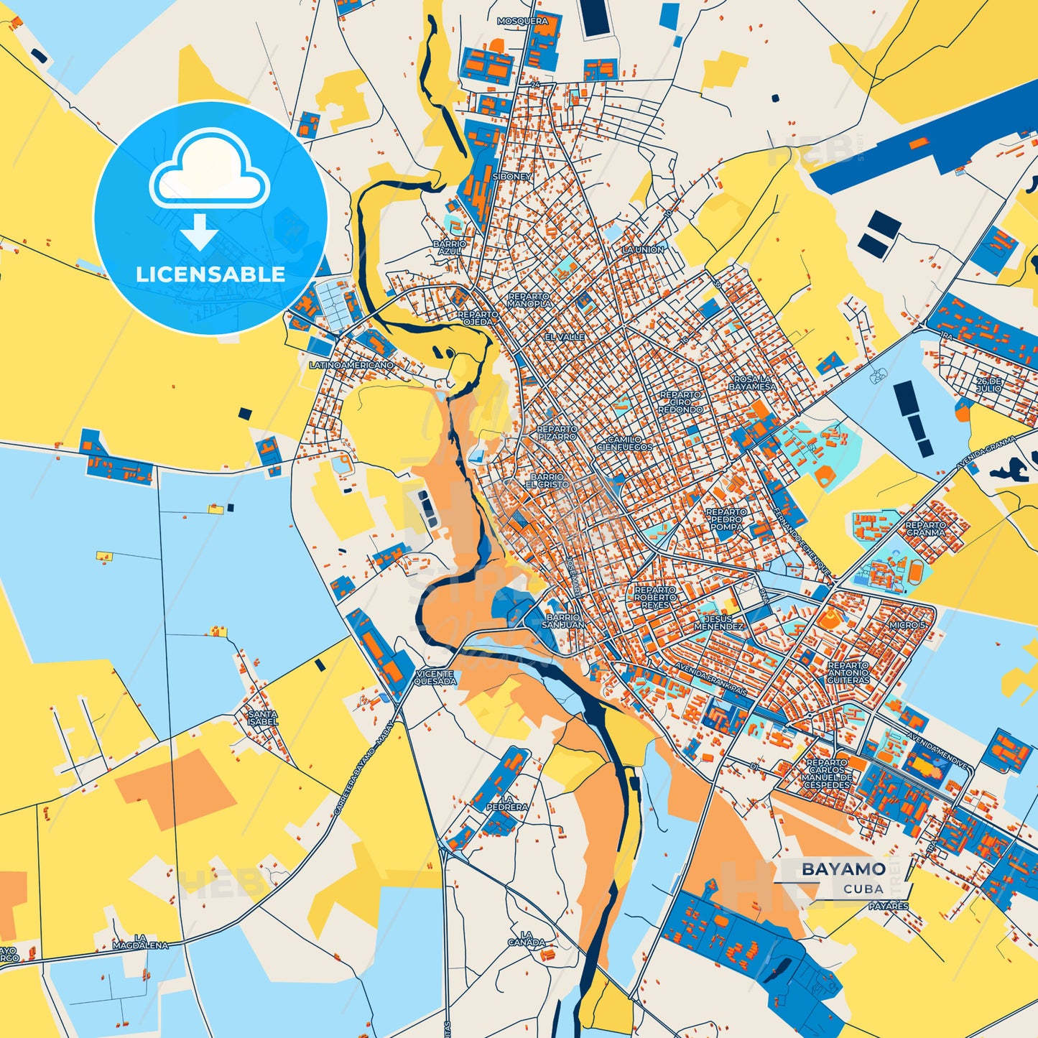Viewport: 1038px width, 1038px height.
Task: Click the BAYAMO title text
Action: coord(843,869)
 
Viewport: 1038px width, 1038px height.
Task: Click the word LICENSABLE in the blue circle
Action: coord(210,274)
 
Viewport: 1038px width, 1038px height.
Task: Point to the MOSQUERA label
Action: coord(522,22)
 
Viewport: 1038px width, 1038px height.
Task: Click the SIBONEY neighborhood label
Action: coord(512,177)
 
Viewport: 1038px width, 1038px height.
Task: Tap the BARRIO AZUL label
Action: coord(450,248)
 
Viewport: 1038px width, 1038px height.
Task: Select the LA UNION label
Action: coord(643,250)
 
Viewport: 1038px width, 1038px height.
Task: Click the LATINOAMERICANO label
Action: coord(351,366)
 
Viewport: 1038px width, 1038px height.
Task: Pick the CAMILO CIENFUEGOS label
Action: coord(624,443)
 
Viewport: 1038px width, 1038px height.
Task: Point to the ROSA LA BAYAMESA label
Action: coord(752,383)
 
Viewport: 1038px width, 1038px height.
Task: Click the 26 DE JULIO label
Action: coord(988,384)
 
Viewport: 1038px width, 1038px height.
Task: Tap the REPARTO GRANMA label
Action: coord(925,529)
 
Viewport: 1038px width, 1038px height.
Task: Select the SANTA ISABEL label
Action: coord(262,718)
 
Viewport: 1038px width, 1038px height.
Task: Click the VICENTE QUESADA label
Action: coord(435,677)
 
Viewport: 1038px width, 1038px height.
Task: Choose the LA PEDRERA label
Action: coord(507,802)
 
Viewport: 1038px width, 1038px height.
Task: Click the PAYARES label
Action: coord(889,907)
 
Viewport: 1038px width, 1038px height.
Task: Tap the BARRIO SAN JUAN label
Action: coord(563,621)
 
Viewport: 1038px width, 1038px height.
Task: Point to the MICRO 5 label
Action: coord(908,625)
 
